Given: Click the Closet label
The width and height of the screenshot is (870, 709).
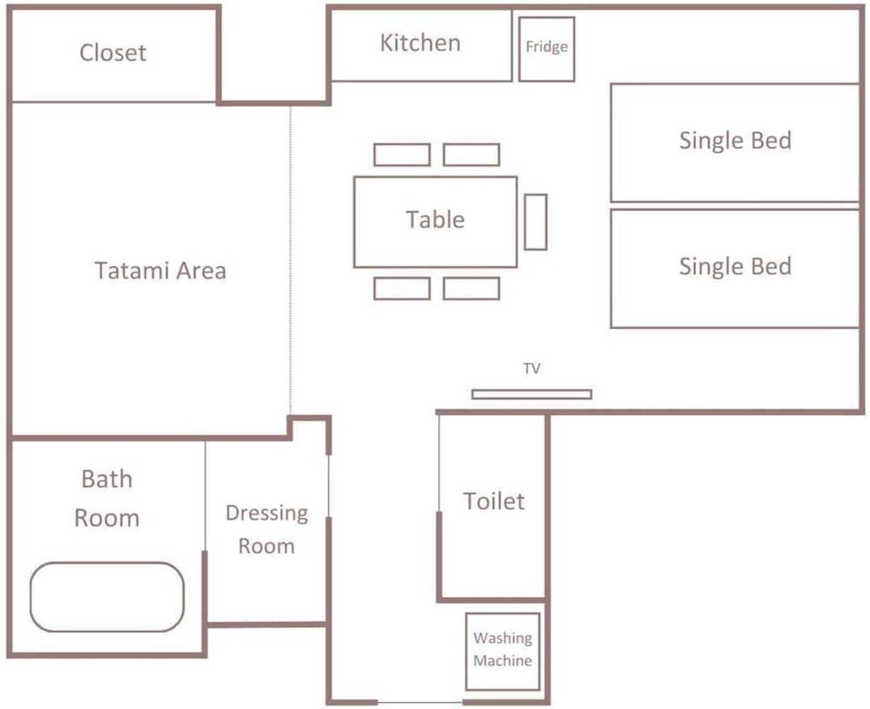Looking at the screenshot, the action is (x=112, y=53).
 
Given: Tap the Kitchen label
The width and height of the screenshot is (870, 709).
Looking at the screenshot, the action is (x=420, y=43).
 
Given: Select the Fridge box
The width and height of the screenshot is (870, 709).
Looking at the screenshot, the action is (x=546, y=49).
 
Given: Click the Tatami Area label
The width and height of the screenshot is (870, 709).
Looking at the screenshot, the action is (x=160, y=270).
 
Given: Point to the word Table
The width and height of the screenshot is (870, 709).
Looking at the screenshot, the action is (x=436, y=220).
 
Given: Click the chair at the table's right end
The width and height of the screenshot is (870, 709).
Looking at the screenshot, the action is (x=536, y=222).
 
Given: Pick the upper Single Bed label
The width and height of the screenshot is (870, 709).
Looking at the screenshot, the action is (x=735, y=141).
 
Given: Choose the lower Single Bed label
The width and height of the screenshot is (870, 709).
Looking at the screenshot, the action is (x=735, y=267).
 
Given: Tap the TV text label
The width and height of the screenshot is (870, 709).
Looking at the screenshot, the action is (x=531, y=368).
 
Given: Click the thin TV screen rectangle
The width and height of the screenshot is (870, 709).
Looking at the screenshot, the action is (x=531, y=394).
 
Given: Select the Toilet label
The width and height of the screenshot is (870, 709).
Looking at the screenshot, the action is (x=493, y=501).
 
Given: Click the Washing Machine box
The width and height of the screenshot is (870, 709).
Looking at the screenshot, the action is (x=502, y=651).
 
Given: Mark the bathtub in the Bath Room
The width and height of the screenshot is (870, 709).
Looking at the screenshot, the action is (x=107, y=597).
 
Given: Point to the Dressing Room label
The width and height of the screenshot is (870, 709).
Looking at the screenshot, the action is (x=267, y=529).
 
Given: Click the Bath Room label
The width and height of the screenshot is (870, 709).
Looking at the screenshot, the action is (x=107, y=498).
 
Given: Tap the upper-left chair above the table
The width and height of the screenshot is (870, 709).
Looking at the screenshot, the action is (x=402, y=155).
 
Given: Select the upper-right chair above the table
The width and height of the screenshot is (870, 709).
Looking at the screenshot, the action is (x=471, y=155).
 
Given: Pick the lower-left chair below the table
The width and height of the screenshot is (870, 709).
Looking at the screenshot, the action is (x=402, y=288).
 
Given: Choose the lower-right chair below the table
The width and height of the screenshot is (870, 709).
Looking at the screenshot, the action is (x=471, y=288).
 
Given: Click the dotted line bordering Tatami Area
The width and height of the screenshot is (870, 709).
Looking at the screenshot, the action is (x=290, y=260).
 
